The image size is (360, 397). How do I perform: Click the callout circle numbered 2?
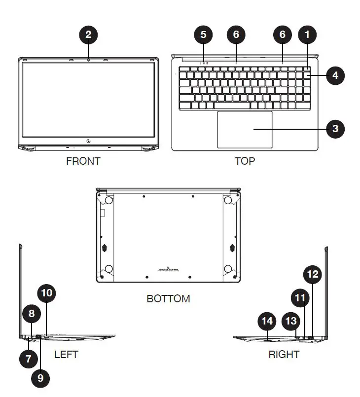tap(88, 35)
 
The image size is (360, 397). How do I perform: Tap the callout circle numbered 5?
tap(203, 35)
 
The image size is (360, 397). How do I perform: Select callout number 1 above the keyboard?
tap(308, 35)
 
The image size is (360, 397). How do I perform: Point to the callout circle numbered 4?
tap(335, 75)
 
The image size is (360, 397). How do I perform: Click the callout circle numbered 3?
tap(335, 129)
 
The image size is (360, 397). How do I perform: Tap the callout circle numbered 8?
tap(32, 314)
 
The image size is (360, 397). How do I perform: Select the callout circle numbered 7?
tap(28, 358)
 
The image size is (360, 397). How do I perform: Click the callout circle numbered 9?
tap(40, 378)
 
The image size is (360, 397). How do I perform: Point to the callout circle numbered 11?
tap(300, 298)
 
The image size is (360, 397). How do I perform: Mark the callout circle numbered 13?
tap(291, 321)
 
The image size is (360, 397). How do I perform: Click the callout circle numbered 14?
tap(267, 322)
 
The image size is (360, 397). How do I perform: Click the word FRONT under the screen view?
tap(83, 161)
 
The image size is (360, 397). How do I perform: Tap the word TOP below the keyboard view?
tap(245, 161)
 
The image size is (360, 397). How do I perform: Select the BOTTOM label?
tap(168, 299)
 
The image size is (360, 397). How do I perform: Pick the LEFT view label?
tap(66, 355)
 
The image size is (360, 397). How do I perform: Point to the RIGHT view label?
tap(284, 355)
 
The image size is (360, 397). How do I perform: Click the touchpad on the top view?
tap(245, 129)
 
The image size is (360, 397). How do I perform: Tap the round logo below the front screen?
tap(88, 143)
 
